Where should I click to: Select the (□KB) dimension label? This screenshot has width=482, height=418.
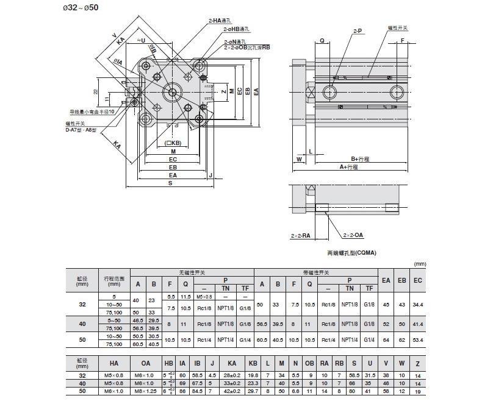tap(173, 143)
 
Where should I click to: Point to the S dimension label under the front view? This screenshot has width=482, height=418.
tap(170, 182)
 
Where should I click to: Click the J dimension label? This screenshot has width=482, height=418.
tap(210, 175)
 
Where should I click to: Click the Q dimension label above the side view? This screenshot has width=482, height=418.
tap(322, 41)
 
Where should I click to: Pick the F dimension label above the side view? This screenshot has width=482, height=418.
tap(403, 41)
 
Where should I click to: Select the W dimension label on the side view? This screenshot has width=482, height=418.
tap(299, 159)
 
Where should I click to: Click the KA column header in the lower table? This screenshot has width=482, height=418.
tap(231, 363)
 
